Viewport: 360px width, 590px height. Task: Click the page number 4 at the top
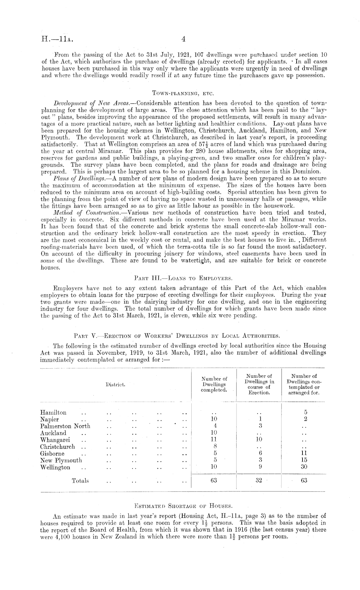tap(183, 39)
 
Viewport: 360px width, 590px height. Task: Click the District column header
tap(115, 385)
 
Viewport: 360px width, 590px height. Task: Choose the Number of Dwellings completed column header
tap(214, 385)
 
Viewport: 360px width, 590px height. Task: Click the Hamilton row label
tap(53, 413)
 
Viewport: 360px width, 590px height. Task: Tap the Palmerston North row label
tap(65, 426)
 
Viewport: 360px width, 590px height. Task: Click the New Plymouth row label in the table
tap(61, 460)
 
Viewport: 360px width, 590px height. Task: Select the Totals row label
tap(80, 480)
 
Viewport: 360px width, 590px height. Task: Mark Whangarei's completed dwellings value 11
tap(214, 439)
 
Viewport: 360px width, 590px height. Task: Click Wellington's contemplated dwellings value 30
tap(304, 467)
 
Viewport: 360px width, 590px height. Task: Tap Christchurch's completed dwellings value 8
tap(214, 446)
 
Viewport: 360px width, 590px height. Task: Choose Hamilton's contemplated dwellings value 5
tap(304, 413)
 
